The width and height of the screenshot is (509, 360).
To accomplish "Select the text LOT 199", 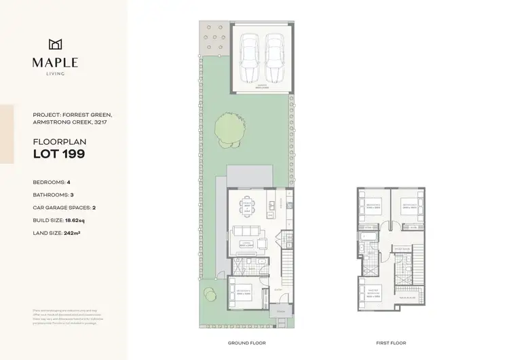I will [x=60, y=154].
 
